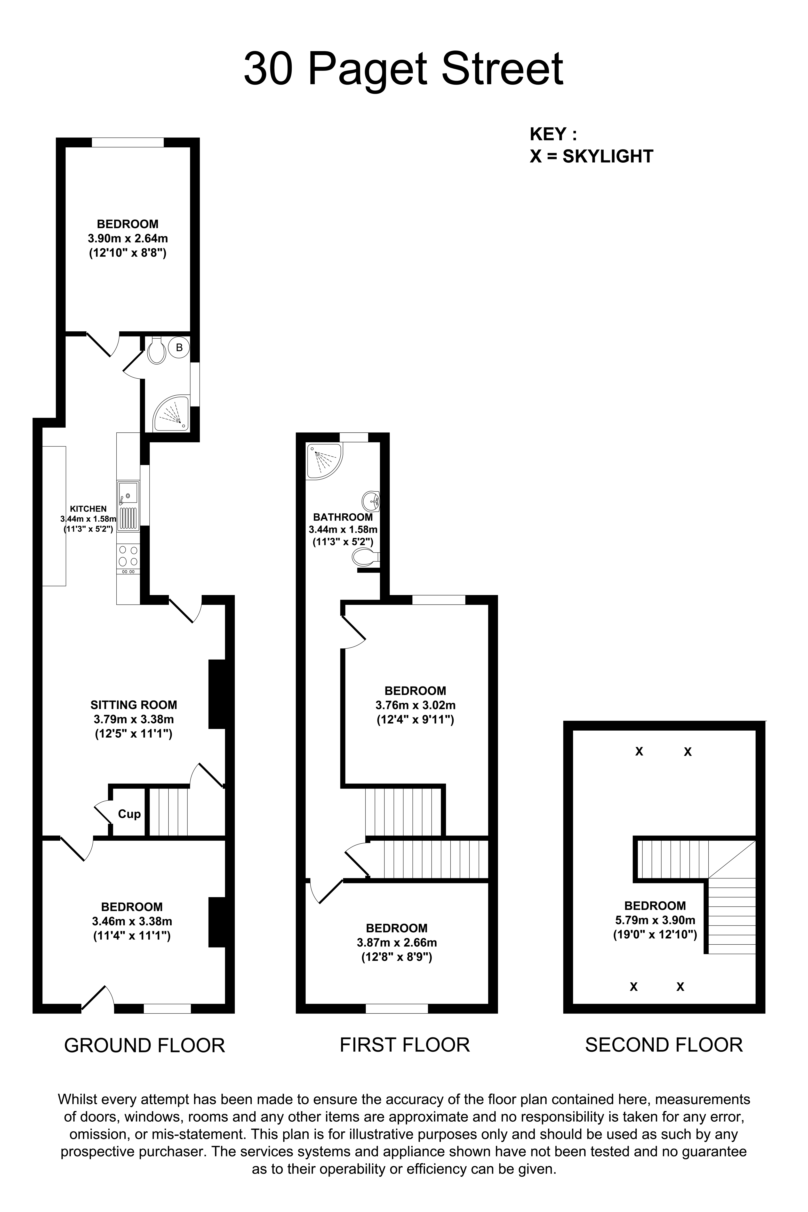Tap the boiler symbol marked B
click(x=179, y=348)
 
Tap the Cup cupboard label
click(x=129, y=814)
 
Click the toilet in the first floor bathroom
click(x=366, y=557)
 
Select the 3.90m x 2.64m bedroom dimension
click(x=128, y=239)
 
